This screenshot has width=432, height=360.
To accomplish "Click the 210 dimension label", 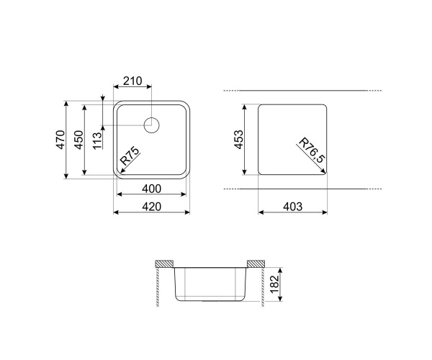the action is tap(132, 81).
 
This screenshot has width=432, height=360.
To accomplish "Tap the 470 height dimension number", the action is tap(61, 140).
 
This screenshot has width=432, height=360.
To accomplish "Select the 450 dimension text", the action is tap(78, 140).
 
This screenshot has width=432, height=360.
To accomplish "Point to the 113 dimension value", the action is tap(97, 140).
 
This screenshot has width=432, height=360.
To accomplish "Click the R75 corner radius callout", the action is tap(130, 156).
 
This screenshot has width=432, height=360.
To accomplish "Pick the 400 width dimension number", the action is tap(151, 189).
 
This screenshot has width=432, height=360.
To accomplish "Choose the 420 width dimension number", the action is tap(151, 207).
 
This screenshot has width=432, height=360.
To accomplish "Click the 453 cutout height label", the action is tap(239, 140).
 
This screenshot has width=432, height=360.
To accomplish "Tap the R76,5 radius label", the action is tap(312, 150).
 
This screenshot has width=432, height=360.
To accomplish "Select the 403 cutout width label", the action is tap(292, 207).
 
